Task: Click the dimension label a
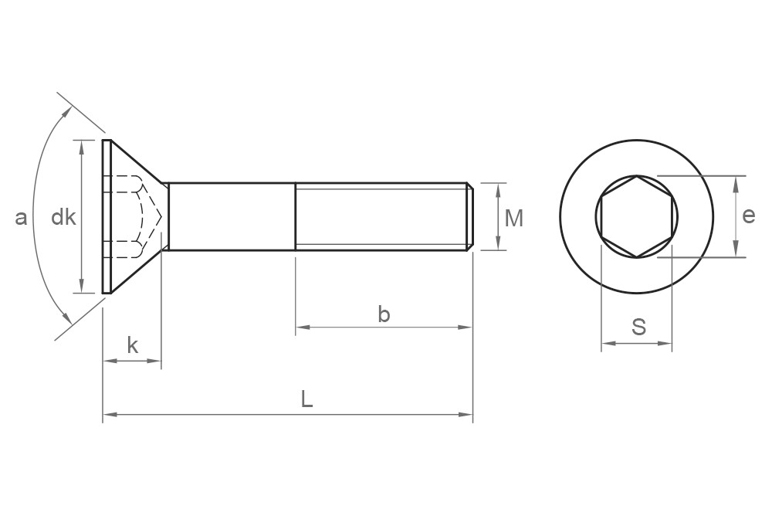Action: click(x=21, y=218)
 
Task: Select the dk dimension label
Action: click(x=63, y=218)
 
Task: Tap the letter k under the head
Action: click(x=132, y=346)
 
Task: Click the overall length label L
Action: click(x=306, y=399)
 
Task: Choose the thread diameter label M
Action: click(x=513, y=219)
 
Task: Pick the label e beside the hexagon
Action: click(x=748, y=216)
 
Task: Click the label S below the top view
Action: click(x=638, y=328)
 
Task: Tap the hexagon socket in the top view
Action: click(x=637, y=216)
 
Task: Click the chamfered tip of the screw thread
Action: click(x=469, y=217)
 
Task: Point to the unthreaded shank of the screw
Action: click(x=232, y=217)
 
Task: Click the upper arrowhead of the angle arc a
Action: click(x=68, y=110)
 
